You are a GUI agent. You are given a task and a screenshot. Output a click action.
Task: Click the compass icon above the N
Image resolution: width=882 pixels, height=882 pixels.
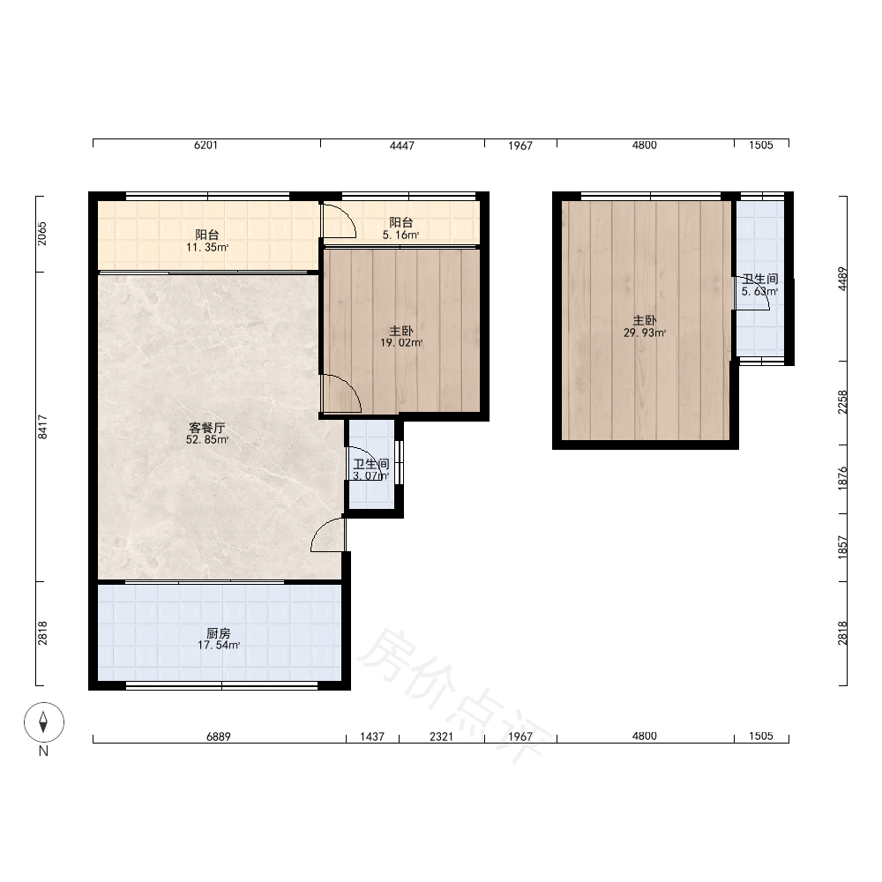tap(44, 721)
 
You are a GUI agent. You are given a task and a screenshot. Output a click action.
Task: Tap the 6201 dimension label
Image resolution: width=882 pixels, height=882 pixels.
tap(206, 146)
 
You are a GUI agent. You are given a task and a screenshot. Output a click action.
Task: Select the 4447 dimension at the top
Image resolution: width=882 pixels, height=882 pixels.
tap(402, 146)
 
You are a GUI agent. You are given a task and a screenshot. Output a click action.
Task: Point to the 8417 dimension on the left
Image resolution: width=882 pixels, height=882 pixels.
tap(42, 427)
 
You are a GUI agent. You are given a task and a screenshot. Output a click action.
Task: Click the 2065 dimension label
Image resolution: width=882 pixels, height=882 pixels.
tap(42, 234)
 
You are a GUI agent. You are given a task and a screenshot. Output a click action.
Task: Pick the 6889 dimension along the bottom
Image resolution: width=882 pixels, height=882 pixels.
tap(218, 736)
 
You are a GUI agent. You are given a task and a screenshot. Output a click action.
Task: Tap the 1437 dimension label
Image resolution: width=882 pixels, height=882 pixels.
tap(372, 736)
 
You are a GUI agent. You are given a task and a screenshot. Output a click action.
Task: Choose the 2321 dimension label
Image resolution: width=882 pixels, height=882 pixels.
tap(441, 736)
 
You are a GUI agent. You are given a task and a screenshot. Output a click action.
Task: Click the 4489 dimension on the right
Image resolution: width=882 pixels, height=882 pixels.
tap(842, 279)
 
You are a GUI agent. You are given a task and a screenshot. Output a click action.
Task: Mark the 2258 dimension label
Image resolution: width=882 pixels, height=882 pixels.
tap(842, 402)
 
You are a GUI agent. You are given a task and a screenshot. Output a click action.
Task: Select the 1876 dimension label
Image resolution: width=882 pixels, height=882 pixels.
tap(842, 478)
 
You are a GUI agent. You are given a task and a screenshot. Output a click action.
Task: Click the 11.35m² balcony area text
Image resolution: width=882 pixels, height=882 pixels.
tap(207, 247)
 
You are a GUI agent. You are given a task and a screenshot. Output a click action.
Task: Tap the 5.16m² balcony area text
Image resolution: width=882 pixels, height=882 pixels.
tap(400, 235)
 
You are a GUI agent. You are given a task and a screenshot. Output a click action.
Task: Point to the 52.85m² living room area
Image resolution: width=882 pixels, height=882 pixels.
tap(207, 440)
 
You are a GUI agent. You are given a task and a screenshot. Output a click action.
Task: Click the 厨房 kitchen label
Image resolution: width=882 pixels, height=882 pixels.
tap(218, 633)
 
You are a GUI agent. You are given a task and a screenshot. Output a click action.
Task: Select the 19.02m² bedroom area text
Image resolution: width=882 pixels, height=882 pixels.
tap(401, 342)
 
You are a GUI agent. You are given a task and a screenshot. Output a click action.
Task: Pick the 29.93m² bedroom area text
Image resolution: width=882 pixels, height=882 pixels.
tap(645, 333)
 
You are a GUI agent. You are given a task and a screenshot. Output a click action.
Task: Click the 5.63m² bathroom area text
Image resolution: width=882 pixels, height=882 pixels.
tap(759, 291)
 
